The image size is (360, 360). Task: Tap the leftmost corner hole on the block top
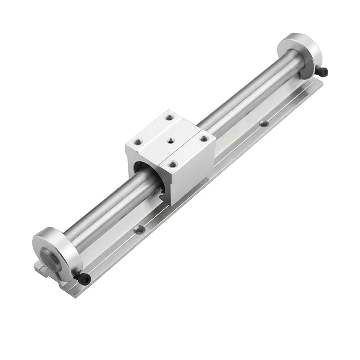[x=138, y=143]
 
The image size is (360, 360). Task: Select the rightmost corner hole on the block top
[x=203, y=139]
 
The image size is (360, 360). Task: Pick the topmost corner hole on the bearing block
[x=170, y=117]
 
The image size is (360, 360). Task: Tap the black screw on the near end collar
[x=84, y=280]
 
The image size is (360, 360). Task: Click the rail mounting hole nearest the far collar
[x=264, y=123]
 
